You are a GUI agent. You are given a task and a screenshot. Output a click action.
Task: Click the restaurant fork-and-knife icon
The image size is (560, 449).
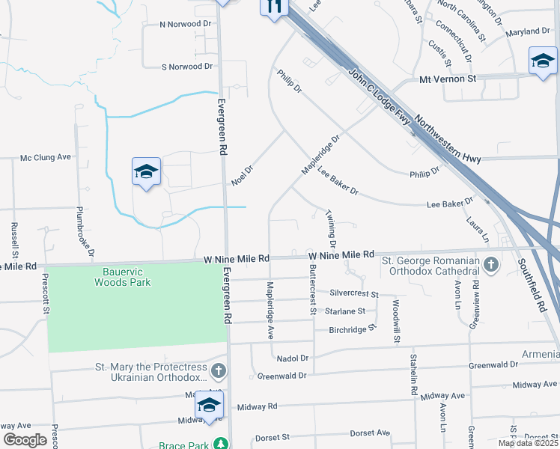tap(274, 6)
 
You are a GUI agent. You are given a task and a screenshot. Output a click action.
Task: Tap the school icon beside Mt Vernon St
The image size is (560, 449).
tap(543, 61)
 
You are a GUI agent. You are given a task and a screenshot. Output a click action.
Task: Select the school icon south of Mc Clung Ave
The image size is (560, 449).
tap(147, 172)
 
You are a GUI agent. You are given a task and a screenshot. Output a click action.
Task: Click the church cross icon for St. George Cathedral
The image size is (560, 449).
tap(490, 265)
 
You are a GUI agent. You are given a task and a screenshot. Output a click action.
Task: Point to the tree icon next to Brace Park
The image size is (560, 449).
tap(220, 444)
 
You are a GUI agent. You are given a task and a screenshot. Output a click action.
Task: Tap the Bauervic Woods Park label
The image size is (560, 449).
tap(123, 277)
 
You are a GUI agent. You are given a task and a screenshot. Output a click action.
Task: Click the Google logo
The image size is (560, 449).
tap(25, 439)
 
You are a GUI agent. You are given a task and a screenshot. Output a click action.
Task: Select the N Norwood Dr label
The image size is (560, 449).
tap(187, 24)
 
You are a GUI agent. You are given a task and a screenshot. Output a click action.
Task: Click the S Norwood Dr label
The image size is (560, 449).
tap(187, 67)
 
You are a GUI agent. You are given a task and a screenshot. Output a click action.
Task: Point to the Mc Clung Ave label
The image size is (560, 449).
tap(45, 157)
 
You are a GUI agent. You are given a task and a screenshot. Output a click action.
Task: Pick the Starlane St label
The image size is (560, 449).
tap(345, 311)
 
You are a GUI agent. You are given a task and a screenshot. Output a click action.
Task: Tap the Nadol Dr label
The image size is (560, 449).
tap(293, 358)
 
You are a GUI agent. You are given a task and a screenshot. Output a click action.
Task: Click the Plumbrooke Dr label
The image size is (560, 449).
tap(80, 227)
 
